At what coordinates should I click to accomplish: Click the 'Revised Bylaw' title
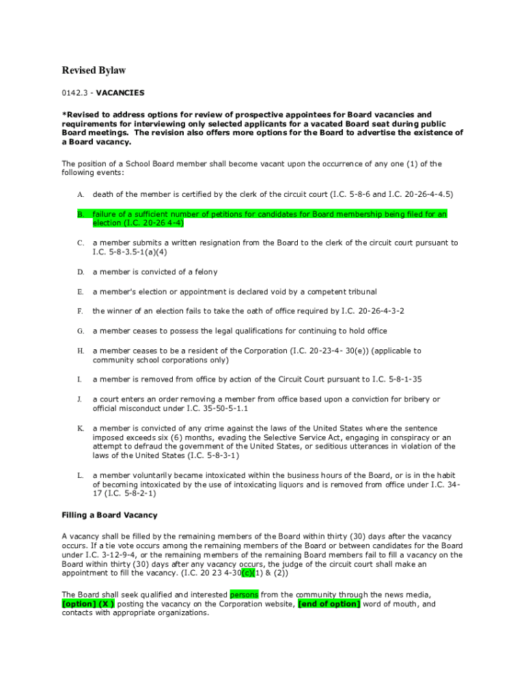[x=94, y=70]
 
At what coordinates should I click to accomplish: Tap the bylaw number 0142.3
[x=74, y=92]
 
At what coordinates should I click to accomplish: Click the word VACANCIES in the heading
[x=125, y=92]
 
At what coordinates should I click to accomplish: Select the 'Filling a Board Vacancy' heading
[x=109, y=515]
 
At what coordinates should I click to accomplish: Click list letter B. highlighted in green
[x=80, y=214]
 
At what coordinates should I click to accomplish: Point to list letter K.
[x=80, y=429]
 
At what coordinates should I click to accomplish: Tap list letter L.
[x=80, y=475]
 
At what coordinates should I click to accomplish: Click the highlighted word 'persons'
[x=244, y=595]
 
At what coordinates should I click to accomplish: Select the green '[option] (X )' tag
[x=88, y=604]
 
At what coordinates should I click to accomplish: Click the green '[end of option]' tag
[x=329, y=604]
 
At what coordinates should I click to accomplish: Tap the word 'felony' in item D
[x=204, y=272]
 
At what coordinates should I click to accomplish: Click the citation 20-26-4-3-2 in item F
[x=376, y=311]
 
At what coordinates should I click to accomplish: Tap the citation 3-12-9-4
[x=102, y=555]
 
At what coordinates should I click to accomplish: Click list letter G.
[x=80, y=331]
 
